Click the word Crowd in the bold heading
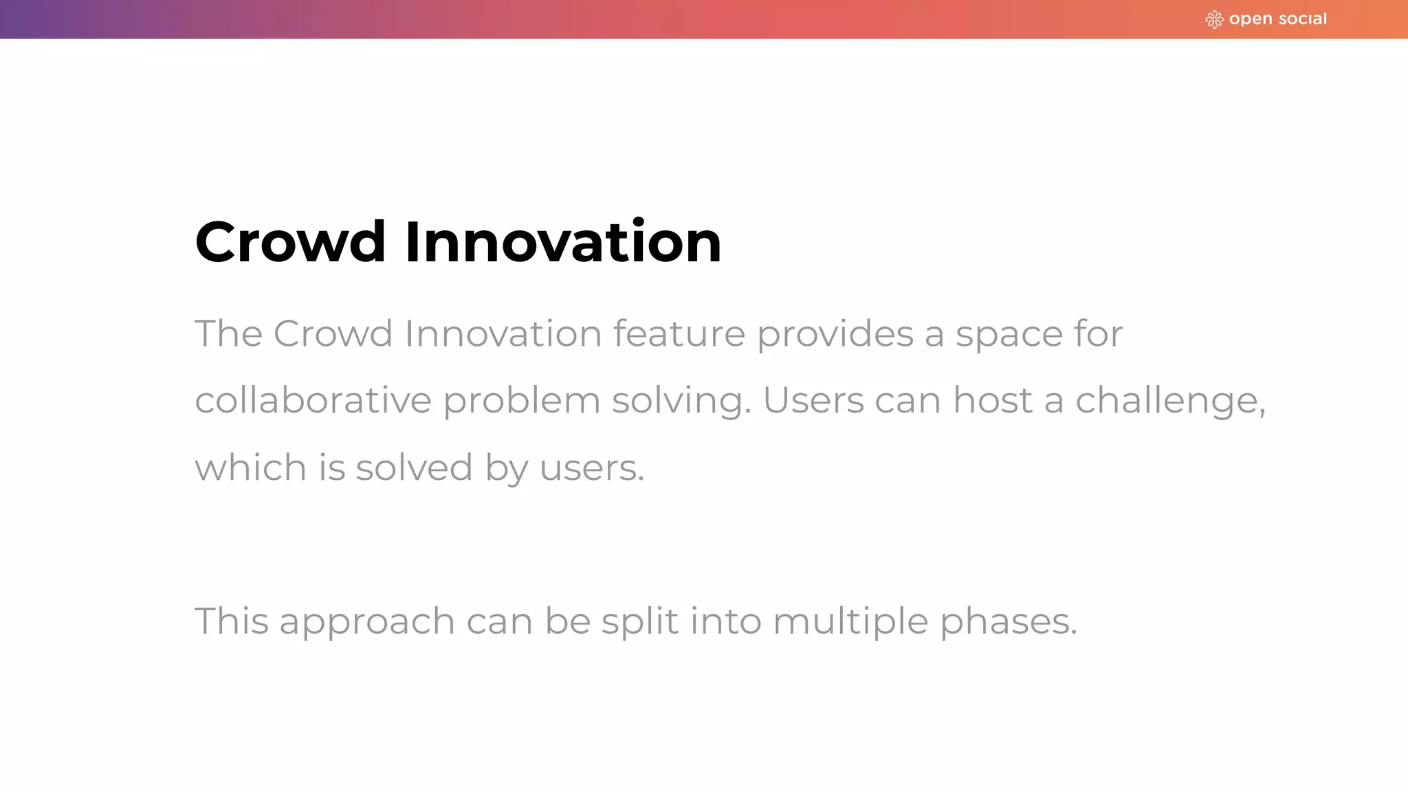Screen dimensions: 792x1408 290,242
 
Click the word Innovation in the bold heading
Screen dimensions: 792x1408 563,242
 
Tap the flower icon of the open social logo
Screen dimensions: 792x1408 1214,19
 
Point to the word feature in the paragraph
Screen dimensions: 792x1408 679,334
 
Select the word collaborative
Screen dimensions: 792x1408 313,400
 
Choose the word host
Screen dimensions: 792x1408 992,400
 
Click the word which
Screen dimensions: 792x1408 250,467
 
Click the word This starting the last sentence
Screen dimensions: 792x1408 231,621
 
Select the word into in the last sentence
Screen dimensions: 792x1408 725,621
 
